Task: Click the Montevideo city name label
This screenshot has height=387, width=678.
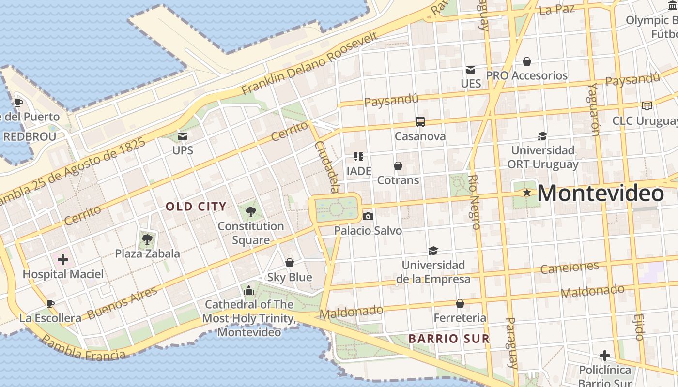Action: pos(601,193)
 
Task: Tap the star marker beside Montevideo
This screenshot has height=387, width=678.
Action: pos(527,193)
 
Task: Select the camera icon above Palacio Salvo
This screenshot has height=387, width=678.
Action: pos(368,216)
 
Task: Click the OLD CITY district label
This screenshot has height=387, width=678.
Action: pos(196,207)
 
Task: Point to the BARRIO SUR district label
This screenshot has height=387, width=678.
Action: pos(449,339)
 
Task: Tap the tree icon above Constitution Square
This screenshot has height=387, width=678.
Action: pos(250,211)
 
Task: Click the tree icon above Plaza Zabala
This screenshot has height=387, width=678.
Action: pos(147,239)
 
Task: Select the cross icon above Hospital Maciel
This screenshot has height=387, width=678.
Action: pos(63,260)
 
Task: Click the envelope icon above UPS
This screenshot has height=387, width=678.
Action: pos(183,136)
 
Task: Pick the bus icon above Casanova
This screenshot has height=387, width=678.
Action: pos(420,122)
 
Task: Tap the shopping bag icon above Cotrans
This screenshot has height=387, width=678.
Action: pos(398,166)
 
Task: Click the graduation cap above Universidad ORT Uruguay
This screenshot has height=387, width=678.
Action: pos(542,136)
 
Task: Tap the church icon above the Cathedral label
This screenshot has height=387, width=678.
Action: pos(249,290)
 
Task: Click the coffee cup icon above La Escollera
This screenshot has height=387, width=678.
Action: pos(50,304)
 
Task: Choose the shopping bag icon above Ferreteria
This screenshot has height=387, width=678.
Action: pos(460,303)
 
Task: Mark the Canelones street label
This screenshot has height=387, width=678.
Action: pos(570,267)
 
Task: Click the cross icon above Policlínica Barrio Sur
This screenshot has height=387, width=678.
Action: pos(604,356)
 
